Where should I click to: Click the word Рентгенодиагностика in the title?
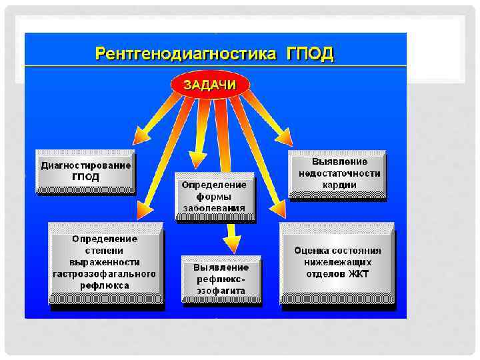click(x=185, y=54)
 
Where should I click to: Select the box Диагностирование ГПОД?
click(x=86, y=171)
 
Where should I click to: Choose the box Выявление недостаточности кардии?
click(x=338, y=173)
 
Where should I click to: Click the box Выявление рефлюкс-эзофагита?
click(x=221, y=279)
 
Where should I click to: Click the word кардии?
click(x=339, y=185)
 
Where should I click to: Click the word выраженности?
click(x=105, y=262)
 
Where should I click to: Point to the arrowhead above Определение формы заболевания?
click(x=197, y=161)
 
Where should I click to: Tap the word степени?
click(x=105, y=250)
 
